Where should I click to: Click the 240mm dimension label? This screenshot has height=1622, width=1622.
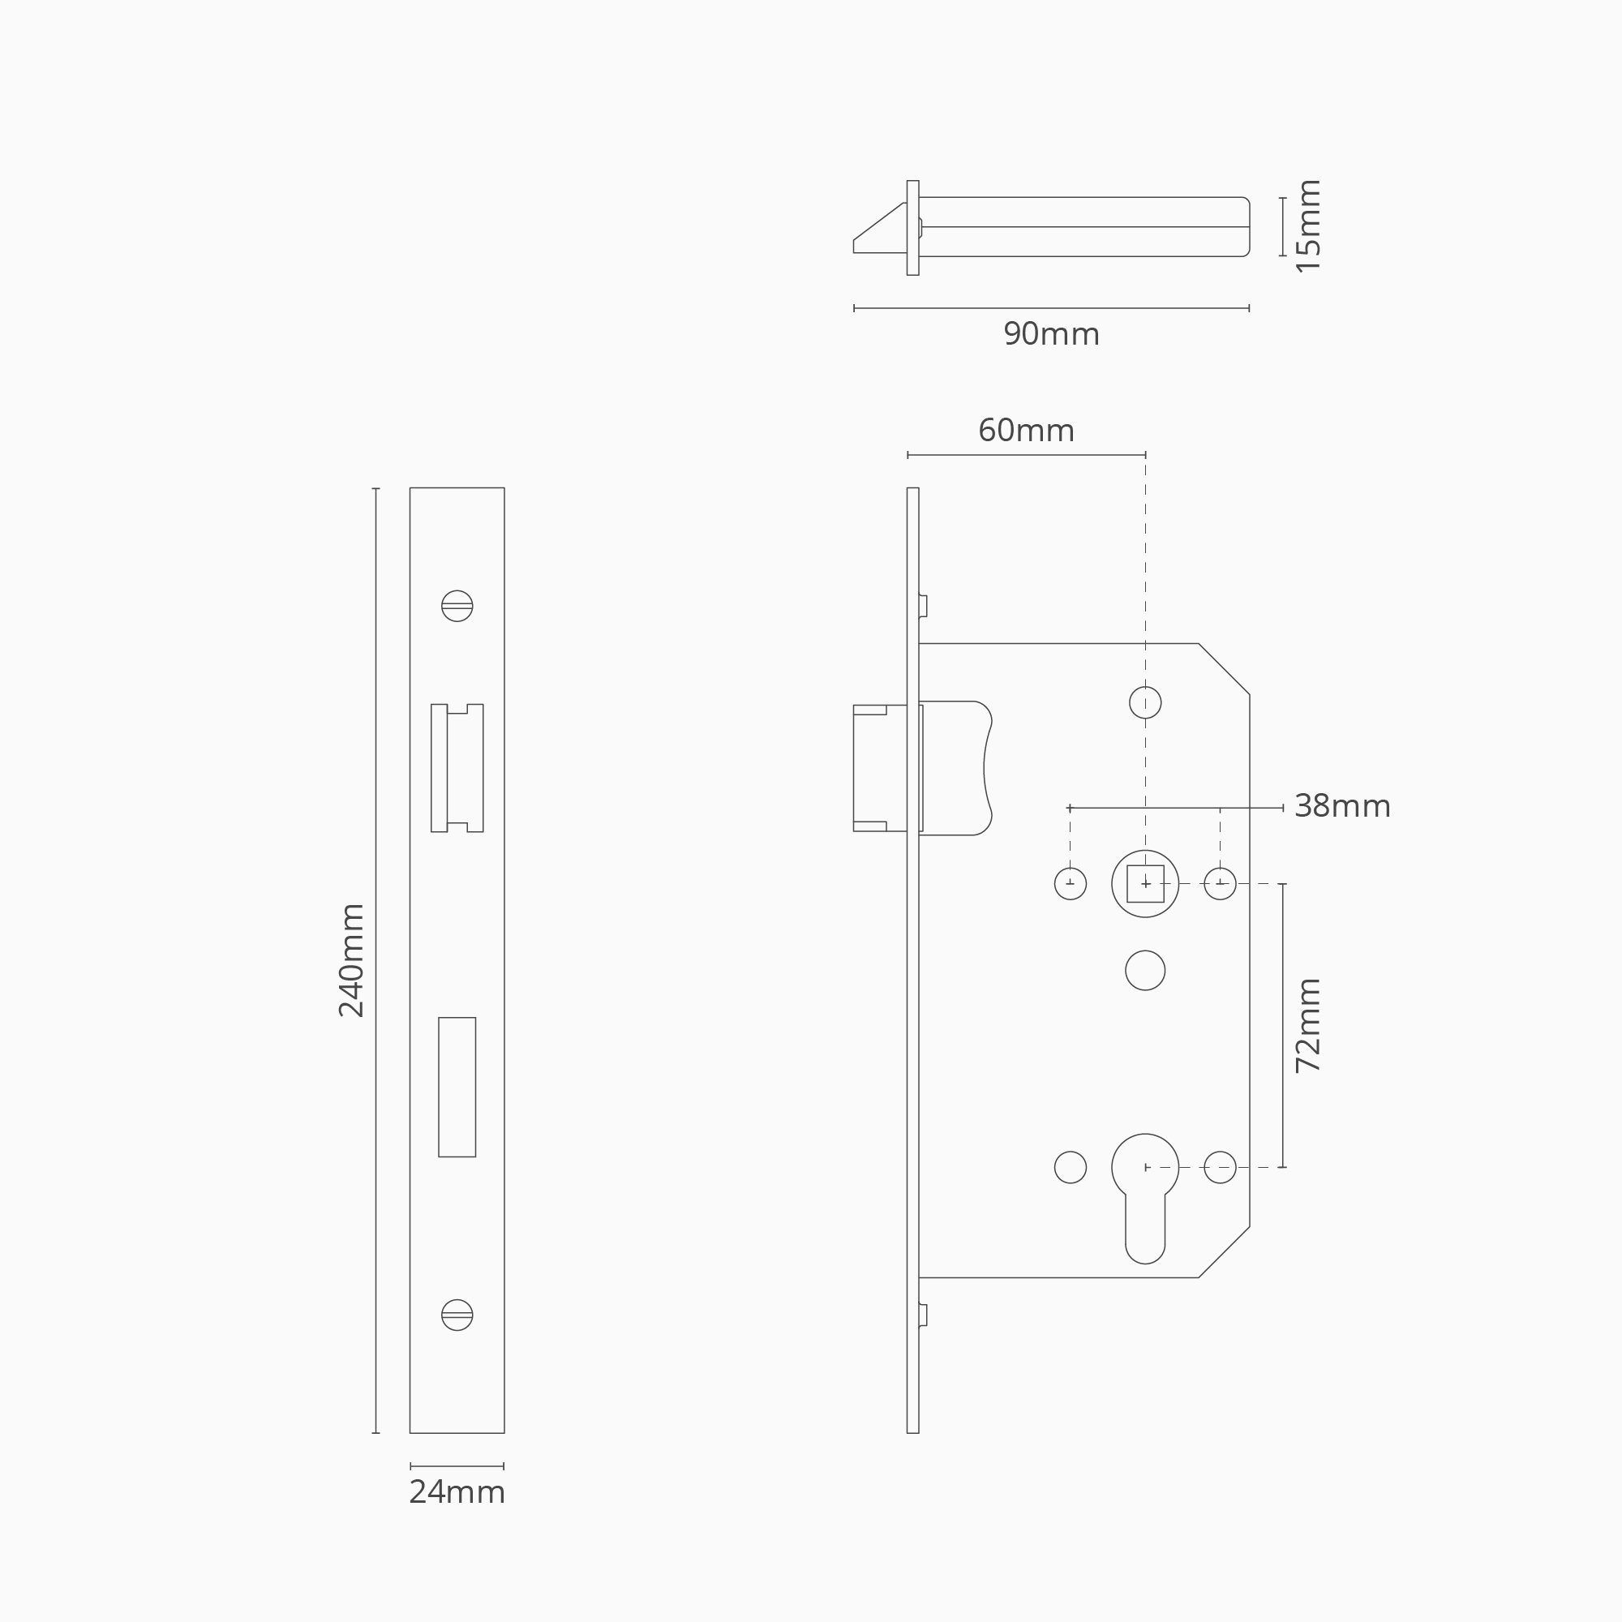351,960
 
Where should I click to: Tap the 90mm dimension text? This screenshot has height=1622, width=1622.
1051,334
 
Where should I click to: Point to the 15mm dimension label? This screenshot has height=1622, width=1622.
1308,225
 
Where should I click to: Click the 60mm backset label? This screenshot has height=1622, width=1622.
1026,431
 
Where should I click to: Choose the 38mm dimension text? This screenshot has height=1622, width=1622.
1342,807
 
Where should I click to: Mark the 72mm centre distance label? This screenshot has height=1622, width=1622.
1308,1026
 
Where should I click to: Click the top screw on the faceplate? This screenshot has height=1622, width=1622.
457,606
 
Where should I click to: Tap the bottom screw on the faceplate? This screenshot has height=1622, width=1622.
457,1315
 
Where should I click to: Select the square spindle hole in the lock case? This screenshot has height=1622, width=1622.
1145,884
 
